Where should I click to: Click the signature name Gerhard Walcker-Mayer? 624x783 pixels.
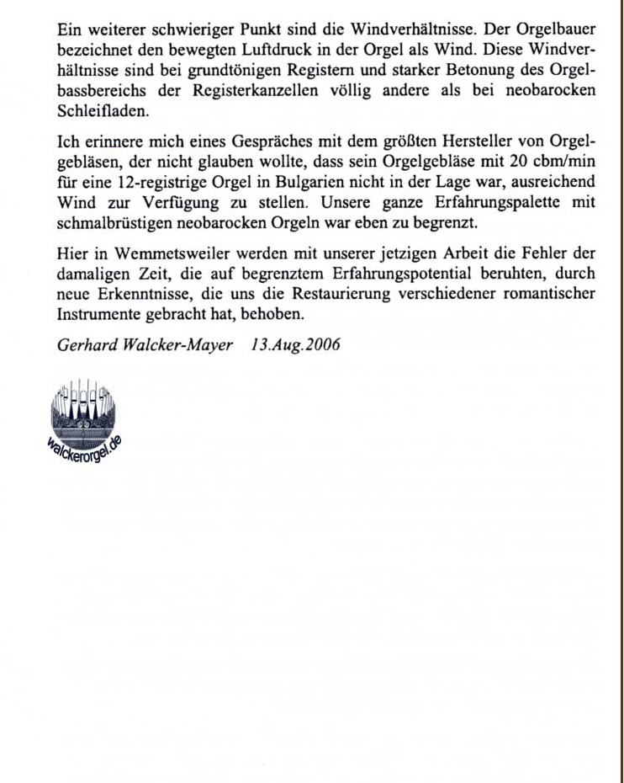tap(145, 345)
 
